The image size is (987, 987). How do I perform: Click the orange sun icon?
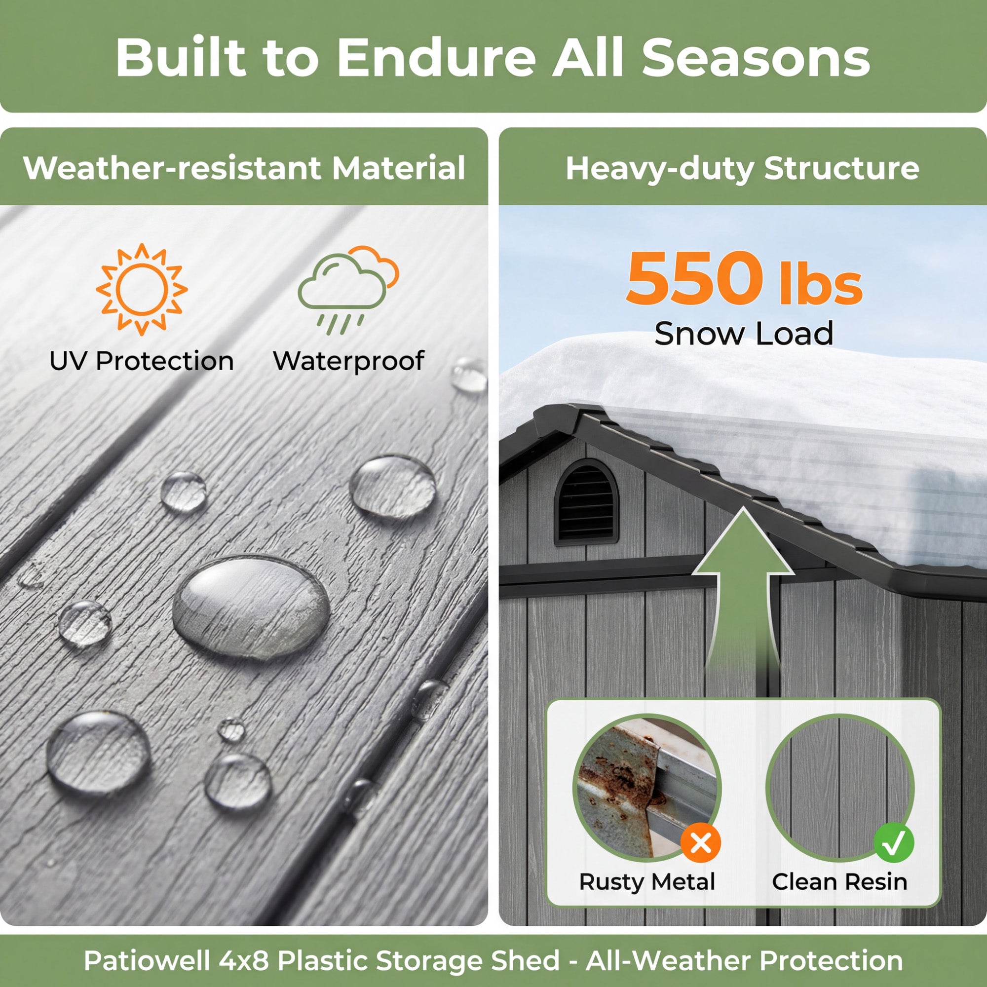pos(142,290)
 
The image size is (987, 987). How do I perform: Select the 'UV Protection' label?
pos(142,361)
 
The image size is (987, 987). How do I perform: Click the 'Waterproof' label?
pos(348,362)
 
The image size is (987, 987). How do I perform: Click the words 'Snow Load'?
pos(744,334)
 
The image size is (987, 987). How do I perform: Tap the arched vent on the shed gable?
pos(586,502)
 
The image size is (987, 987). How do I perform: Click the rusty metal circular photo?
pos(647,789)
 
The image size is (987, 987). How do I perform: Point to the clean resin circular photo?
pos(840,789)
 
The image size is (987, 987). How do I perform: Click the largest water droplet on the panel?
pos(251,607)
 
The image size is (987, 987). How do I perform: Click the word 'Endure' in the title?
pos(436,57)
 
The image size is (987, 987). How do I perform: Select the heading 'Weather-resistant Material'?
pos(244,168)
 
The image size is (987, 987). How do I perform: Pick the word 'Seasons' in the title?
pos(756,57)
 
